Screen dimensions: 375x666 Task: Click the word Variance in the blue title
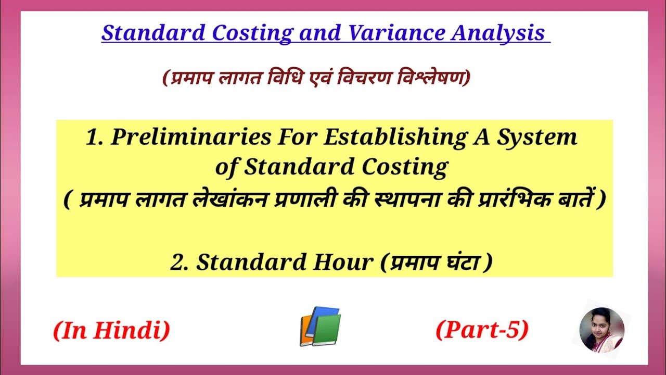pyautogui.click(x=396, y=33)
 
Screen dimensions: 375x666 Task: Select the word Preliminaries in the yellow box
pyautogui.click(x=191, y=137)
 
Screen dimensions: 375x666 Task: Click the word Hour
pyautogui.click(x=343, y=262)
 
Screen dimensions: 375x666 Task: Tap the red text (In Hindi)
pyautogui.click(x=111, y=330)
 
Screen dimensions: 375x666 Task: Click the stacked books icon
pyautogui.click(x=320, y=327)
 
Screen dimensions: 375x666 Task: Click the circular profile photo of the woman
pyautogui.click(x=601, y=330)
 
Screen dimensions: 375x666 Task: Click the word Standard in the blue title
pyautogui.click(x=152, y=33)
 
